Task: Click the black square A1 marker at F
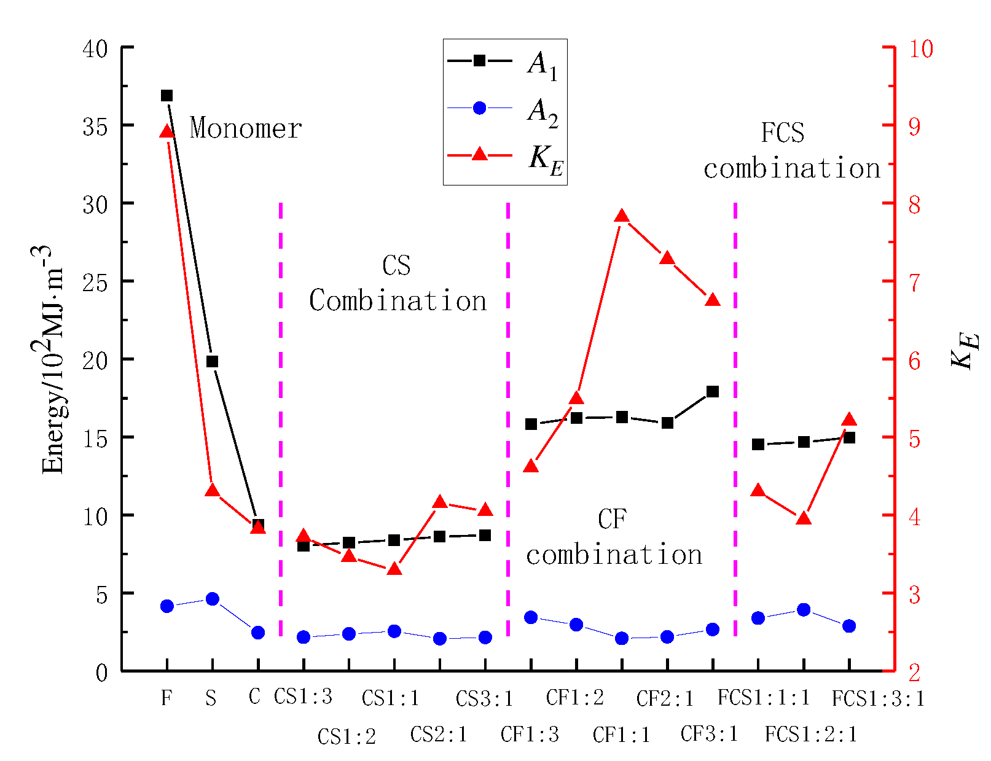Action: click(166, 95)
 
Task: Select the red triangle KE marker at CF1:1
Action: click(622, 216)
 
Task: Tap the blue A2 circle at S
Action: click(212, 599)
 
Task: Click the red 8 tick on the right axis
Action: click(914, 205)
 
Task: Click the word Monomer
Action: click(246, 128)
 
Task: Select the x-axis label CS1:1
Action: click(391, 698)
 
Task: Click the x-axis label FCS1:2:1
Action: click(811, 733)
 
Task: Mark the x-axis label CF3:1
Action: click(709, 733)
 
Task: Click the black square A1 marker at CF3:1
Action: click(713, 391)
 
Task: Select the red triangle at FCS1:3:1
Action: click(849, 420)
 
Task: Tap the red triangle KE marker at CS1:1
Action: click(394, 569)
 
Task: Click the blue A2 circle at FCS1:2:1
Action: click(804, 609)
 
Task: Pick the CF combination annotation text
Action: click(613, 537)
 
